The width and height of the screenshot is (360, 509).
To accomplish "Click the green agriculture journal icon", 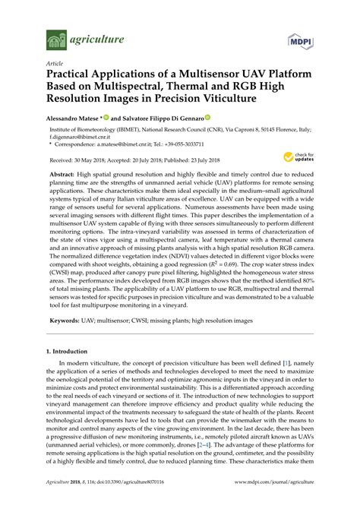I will [54, 39].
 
